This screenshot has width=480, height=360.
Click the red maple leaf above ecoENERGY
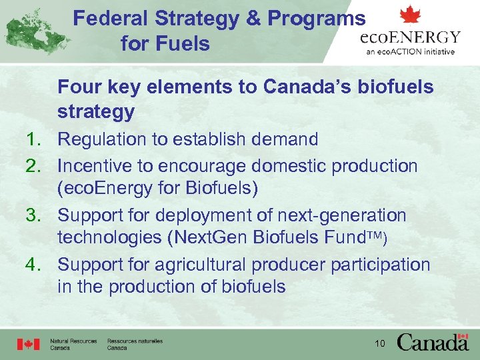[x=410, y=15]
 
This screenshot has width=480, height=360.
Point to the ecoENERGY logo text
[x=411, y=37]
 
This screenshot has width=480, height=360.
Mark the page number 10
[x=381, y=343]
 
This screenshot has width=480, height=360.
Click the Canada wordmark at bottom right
[x=433, y=343]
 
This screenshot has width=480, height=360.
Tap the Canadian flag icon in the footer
[x=29, y=344]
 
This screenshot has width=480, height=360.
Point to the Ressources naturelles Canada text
[x=135, y=344]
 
